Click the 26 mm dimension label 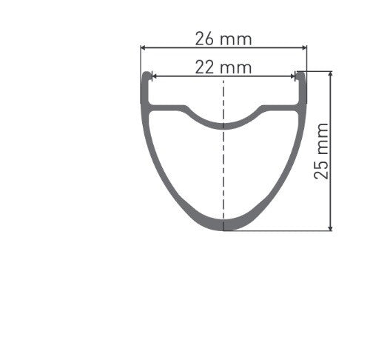point(223,38)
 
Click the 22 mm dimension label point(223,67)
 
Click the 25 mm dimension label point(320,152)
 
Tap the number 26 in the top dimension point(206,38)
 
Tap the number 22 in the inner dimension point(206,67)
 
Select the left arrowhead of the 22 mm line point(154,76)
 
